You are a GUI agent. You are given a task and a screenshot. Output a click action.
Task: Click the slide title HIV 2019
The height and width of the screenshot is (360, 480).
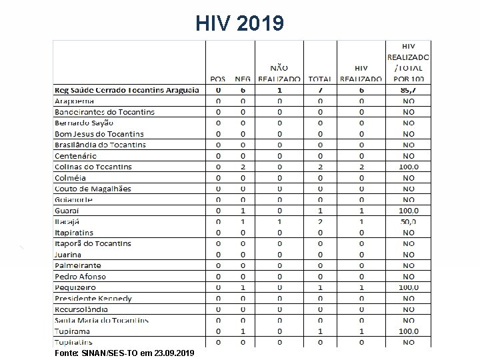240,24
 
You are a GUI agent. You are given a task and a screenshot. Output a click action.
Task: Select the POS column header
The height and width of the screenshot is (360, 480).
218,79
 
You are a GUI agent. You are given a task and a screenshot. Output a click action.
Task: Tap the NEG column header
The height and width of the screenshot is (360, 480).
243,79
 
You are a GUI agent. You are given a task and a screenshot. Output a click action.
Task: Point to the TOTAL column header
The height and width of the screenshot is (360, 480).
320,79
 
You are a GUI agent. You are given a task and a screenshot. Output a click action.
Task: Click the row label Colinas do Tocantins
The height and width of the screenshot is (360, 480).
93,167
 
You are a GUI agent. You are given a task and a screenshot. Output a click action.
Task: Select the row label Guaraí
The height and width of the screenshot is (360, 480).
68,211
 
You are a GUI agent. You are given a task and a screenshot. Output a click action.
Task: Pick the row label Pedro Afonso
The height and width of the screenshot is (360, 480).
80,277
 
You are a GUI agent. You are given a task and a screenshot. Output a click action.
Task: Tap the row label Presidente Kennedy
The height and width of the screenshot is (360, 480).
93,299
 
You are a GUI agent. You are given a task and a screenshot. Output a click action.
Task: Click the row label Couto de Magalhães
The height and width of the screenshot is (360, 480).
93,189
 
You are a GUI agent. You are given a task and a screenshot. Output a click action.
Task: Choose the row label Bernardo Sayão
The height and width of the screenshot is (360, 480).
84,123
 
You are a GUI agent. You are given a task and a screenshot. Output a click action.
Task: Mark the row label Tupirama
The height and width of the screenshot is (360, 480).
73,331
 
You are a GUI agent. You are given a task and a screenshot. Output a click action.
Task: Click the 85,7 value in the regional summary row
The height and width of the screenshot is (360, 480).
408,89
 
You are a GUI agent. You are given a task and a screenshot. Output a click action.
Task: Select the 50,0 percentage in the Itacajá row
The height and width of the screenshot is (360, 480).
408,221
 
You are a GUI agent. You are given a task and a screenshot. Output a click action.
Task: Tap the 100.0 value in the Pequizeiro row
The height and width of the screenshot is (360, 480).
408,287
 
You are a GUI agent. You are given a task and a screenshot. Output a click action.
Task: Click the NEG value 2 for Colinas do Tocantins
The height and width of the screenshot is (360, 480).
243,167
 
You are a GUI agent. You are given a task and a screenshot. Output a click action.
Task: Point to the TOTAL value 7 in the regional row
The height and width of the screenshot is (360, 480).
320,89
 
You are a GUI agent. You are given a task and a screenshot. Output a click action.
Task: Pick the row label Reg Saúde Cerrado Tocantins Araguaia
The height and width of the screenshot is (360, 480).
127,90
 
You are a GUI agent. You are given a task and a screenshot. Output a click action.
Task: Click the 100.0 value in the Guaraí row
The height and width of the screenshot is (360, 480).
408,211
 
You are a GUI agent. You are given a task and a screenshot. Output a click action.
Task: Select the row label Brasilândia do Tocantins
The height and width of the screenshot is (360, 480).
99,145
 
